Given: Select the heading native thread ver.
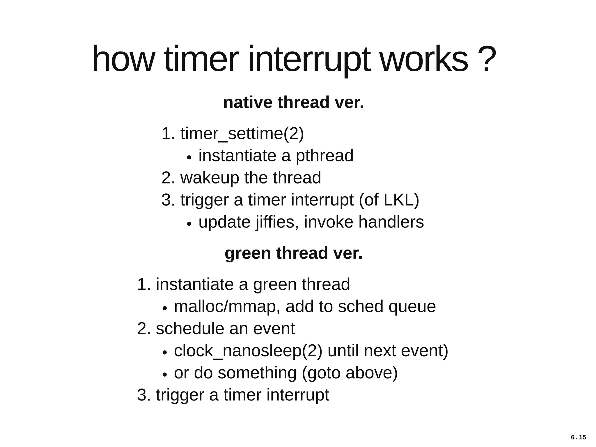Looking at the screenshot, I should click(293, 102).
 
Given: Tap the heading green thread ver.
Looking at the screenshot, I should click(293, 253).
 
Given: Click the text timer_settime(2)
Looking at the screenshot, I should click(242, 133).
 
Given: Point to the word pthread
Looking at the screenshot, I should click(324, 156).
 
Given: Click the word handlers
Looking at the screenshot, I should click(391, 222).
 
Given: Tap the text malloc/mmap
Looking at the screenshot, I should click(225, 307).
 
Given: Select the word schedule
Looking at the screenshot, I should click(190, 329).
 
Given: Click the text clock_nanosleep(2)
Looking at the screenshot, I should click(248, 351).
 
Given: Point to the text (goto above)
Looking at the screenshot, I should click(350, 373).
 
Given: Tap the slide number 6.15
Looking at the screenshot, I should click(578, 437).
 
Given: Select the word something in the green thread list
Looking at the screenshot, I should click(257, 373).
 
